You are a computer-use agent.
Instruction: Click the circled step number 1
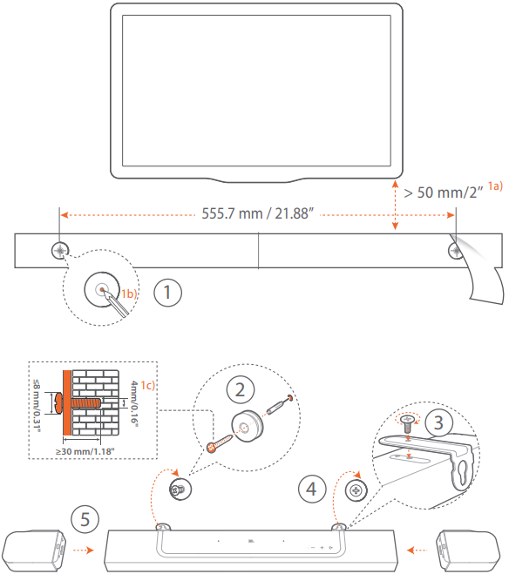pos(167,293)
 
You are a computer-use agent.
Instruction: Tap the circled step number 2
pos(241,389)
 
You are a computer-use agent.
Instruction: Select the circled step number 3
pos(438,422)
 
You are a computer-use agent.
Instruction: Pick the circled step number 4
pos(312,489)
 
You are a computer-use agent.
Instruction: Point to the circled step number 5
pos(85,519)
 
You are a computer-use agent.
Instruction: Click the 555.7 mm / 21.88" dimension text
pos(258,213)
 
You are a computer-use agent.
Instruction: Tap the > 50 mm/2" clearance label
pos(443,192)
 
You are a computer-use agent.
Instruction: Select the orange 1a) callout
pos(495,186)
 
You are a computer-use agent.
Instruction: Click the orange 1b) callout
pos(129,294)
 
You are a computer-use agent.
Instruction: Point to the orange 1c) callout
pos(148,386)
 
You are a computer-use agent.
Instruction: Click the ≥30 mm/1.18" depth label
pos(85,452)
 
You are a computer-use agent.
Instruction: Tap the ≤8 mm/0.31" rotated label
pos(37,406)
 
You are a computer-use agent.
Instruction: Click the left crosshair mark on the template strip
pos(60,251)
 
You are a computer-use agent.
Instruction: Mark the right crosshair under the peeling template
pos(456,251)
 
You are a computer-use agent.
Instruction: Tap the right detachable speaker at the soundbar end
pos(468,550)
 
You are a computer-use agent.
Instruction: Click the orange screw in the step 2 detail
pos(220,442)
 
